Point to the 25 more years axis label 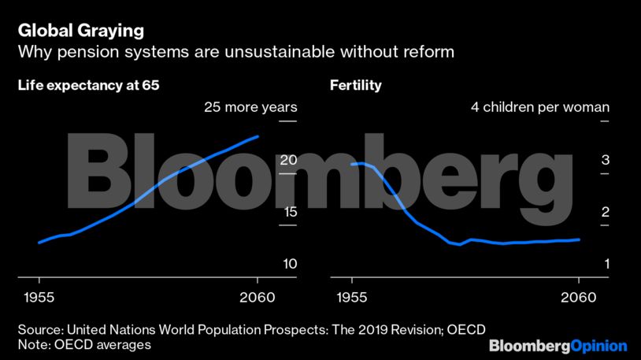250,107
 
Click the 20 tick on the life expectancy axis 288,159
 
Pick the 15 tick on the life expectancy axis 288,211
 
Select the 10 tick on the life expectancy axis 288,263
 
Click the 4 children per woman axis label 540,107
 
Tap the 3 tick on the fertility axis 605,159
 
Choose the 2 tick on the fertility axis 605,211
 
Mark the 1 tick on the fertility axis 605,263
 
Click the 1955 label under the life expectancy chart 39,297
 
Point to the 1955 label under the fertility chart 353,297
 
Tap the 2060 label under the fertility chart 578,297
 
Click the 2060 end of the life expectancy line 258,136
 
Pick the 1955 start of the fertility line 352,164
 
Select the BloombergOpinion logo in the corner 558,345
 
